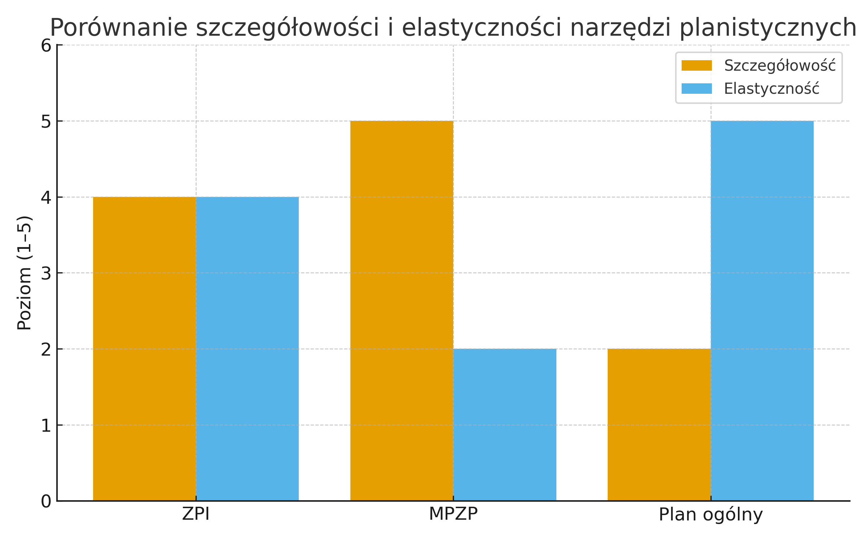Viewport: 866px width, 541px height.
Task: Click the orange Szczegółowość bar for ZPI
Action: click(144, 348)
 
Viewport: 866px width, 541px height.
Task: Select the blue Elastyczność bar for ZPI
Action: click(247, 348)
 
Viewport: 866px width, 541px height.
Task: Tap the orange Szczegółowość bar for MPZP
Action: click(402, 311)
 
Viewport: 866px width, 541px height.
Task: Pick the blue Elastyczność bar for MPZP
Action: click(504, 425)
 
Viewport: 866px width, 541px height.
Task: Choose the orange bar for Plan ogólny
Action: click(659, 425)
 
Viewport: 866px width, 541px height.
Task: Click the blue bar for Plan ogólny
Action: click(762, 311)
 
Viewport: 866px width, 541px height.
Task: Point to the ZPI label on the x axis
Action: click(196, 514)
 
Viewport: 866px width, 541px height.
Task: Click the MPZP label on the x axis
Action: click(453, 514)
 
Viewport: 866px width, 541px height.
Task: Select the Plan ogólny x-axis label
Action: click(710, 514)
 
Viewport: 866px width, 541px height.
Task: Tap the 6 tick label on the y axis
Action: click(46, 46)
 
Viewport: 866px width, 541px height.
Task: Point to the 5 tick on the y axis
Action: click(46, 122)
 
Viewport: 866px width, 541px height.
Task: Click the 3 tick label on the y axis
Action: click(46, 273)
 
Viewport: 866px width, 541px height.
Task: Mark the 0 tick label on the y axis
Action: click(46, 501)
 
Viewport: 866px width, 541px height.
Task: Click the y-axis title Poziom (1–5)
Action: click(25, 273)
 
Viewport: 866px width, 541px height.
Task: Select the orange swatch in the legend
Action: click(696, 66)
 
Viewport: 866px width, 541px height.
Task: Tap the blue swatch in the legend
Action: click(696, 89)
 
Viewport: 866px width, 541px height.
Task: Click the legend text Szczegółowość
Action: click(780, 66)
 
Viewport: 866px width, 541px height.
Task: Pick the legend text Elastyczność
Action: click(771, 89)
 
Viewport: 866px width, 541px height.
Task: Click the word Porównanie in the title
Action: click(119, 28)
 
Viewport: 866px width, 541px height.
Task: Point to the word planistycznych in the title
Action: click(768, 28)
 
